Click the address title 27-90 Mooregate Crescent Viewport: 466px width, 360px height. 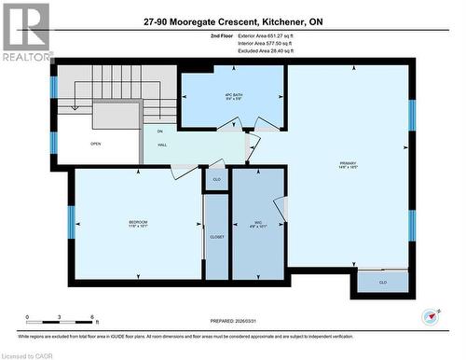[x=233, y=21]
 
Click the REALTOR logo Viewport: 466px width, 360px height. [x=25, y=33]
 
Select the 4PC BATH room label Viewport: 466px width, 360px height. [x=232, y=96]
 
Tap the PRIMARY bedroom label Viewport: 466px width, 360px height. [x=349, y=165]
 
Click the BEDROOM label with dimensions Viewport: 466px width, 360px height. [x=138, y=224]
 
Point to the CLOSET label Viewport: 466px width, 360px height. [x=216, y=238]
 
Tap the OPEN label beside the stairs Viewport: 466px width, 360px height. [x=95, y=144]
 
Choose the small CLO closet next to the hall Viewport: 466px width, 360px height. [x=216, y=178]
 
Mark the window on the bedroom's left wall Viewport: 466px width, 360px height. [x=71, y=222]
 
